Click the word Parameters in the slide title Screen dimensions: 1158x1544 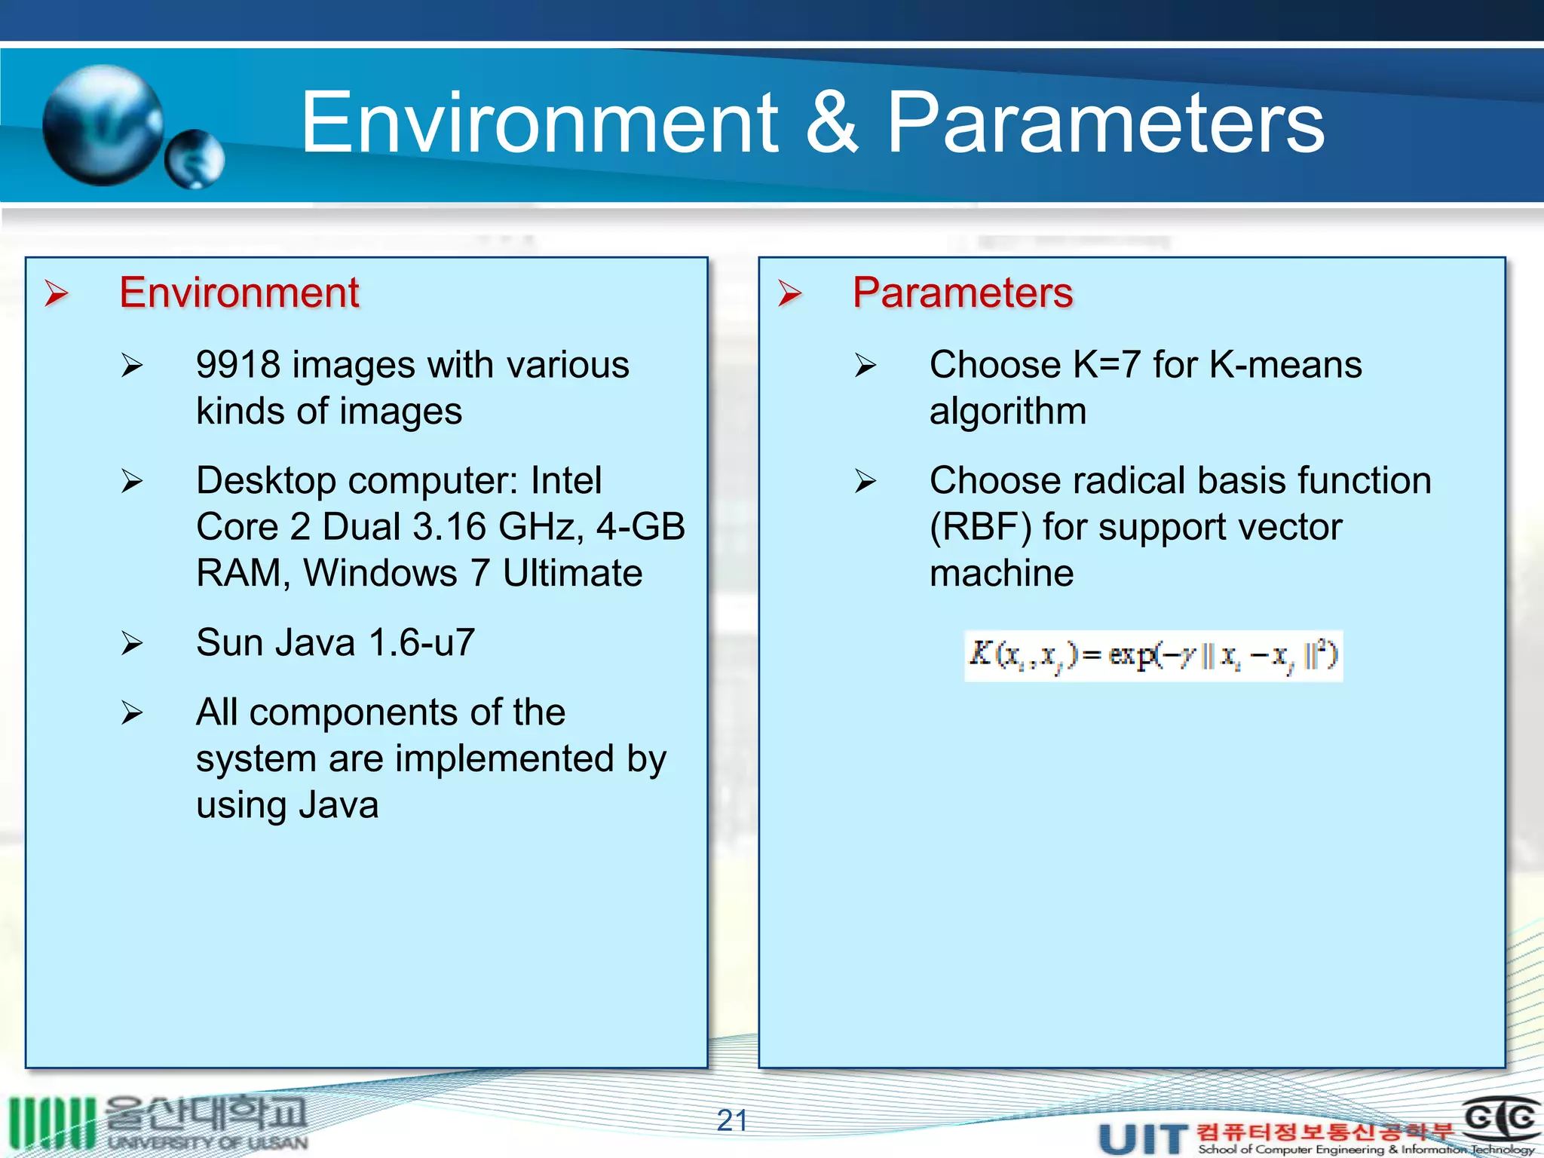pyautogui.click(x=1105, y=122)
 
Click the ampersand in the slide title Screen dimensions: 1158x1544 pyautogui.click(x=831, y=122)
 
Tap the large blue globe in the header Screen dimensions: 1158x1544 pyautogui.click(x=102, y=124)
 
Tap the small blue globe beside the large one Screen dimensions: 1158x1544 pyautogui.click(x=195, y=159)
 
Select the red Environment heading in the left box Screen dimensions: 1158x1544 pyautogui.click(x=239, y=293)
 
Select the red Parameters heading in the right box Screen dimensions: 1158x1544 pyautogui.click(x=963, y=293)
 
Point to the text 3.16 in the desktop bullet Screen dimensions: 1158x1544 pyautogui.click(x=449, y=526)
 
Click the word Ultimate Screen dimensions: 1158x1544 pyautogui.click(x=572, y=573)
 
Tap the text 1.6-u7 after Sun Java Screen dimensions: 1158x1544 pyautogui.click(x=421, y=642)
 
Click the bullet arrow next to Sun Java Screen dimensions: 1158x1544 pyautogui.click(x=132, y=643)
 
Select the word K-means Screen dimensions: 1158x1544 pyautogui.click(x=1285, y=365)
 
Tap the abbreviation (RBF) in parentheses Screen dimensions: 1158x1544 pyautogui.click(x=980, y=526)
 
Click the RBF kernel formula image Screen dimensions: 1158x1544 pyautogui.click(x=1153, y=656)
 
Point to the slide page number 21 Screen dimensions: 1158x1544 pyautogui.click(x=732, y=1120)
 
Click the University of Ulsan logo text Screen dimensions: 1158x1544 pyautogui.click(x=207, y=1142)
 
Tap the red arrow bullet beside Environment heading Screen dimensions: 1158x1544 pyautogui.click(x=57, y=293)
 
